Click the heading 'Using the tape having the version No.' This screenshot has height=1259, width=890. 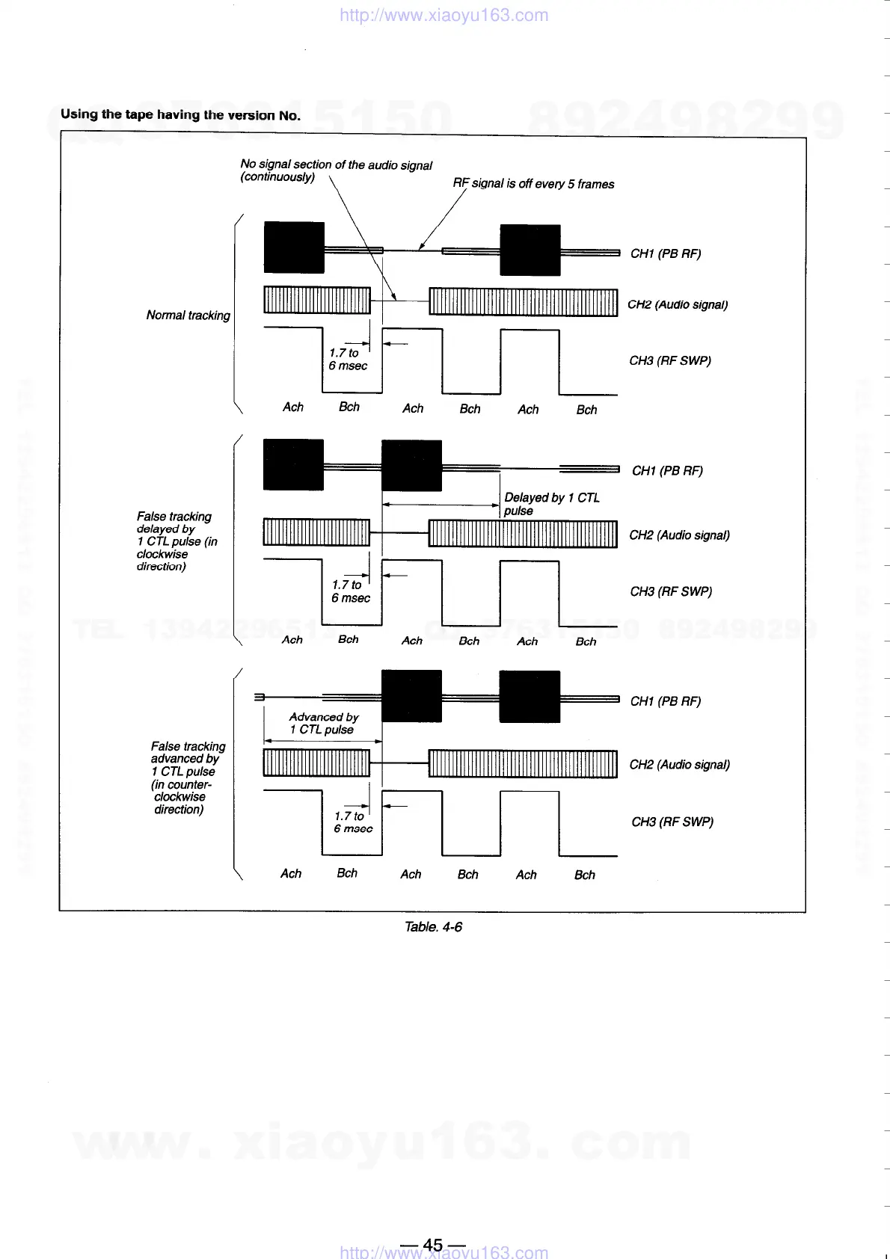[x=180, y=114]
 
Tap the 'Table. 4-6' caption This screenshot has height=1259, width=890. [x=433, y=927]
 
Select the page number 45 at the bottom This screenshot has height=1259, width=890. [x=433, y=1245]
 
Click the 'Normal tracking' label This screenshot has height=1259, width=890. [x=188, y=315]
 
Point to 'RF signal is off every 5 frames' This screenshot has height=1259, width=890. [x=533, y=184]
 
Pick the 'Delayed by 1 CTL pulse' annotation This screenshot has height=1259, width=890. [x=551, y=504]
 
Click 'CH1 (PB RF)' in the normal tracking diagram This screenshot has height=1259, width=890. [x=666, y=253]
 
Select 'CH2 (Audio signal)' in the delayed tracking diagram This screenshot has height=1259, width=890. [x=679, y=535]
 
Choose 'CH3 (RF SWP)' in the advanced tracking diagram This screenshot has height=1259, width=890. [x=672, y=822]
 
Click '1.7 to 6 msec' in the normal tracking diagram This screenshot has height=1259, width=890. [x=348, y=359]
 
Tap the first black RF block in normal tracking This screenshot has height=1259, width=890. [x=294, y=247]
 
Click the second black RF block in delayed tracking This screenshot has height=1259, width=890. [x=411, y=465]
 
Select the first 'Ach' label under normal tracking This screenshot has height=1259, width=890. [x=293, y=407]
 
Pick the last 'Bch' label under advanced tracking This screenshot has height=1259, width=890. [x=585, y=875]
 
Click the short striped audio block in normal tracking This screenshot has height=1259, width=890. [x=317, y=301]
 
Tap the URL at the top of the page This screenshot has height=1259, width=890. [x=444, y=15]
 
